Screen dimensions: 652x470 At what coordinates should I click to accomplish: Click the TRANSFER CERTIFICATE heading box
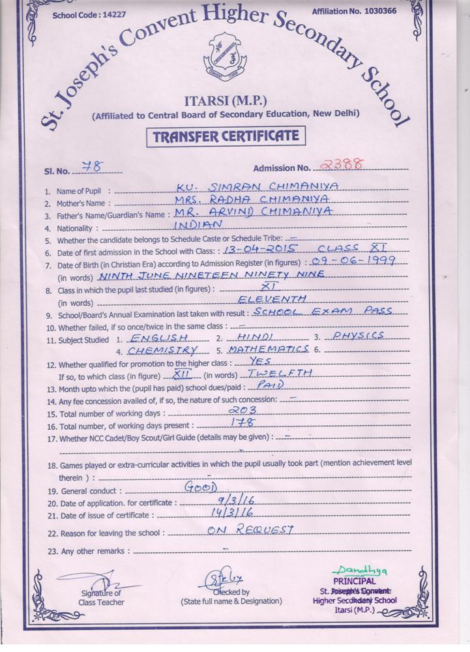tap(225, 136)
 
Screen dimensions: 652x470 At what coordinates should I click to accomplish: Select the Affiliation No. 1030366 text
tap(363, 11)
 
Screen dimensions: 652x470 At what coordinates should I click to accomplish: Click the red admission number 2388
tap(340, 164)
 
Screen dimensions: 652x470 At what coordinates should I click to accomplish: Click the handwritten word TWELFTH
tap(281, 373)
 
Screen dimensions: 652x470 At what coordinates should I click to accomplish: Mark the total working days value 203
tap(243, 410)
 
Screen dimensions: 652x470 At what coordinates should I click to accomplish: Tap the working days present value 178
tap(242, 422)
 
